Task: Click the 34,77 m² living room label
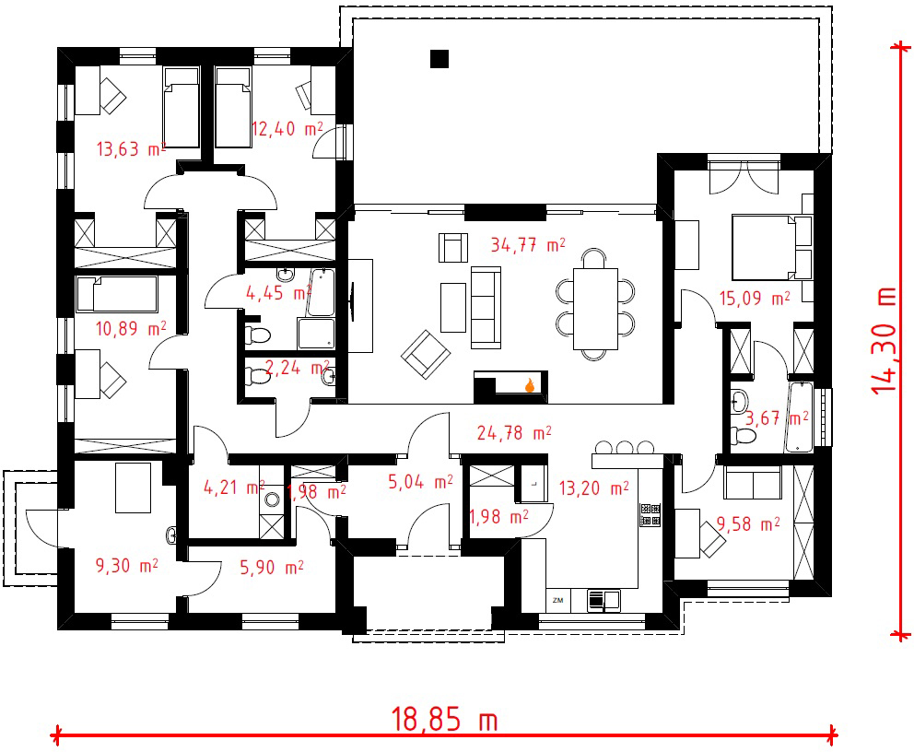(528, 245)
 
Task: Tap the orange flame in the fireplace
(530, 384)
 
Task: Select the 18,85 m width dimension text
(444, 719)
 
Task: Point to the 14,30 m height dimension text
(884, 340)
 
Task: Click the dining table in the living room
(595, 309)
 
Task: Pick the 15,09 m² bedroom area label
(755, 299)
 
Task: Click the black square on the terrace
(439, 59)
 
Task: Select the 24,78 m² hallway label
(514, 432)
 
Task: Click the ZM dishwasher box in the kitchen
(557, 601)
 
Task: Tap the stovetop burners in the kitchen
(650, 515)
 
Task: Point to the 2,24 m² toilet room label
(298, 368)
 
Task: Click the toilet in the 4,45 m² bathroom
(258, 335)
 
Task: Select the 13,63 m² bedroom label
(131, 149)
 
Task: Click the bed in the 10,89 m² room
(117, 294)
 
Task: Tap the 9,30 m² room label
(126, 566)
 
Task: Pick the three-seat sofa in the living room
(486, 308)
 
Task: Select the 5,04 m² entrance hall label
(420, 481)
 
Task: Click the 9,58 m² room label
(748, 524)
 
